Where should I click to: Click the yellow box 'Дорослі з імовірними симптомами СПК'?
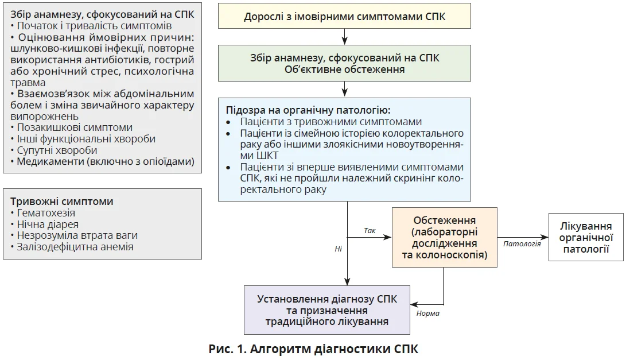coord(344,17)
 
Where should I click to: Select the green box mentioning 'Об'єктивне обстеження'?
coord(344,64)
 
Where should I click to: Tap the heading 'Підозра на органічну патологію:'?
coord(308,110)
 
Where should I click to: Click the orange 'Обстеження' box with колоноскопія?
coord(444,237)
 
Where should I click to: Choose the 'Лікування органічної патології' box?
coord(586,238)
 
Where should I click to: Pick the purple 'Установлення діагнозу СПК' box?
coord(327,310)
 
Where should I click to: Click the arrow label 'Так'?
coord(370,230)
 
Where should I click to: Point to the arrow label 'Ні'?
coord(339,249)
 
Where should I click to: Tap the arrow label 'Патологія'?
coord(522,243)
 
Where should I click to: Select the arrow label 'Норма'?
coord(427,313)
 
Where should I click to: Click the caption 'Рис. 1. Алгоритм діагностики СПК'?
coord(313,349)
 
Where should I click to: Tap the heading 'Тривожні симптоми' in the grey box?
coord(62,202)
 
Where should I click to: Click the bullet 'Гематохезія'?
coord(46,213)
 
